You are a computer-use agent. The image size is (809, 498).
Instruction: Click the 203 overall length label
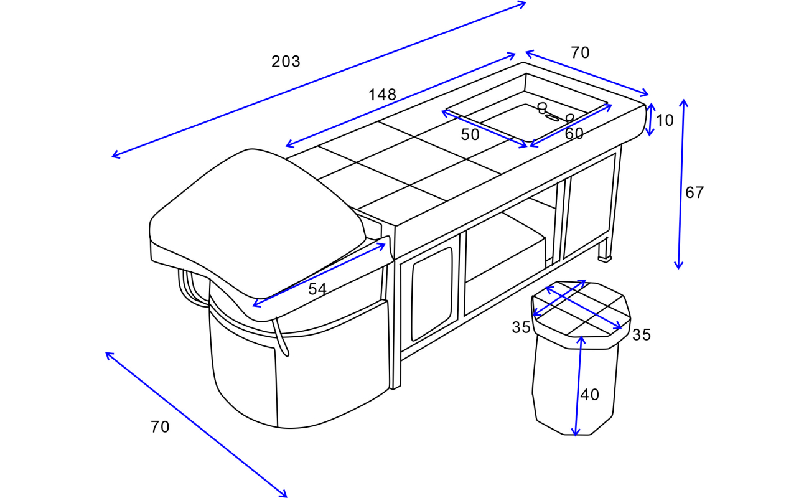[286, 62]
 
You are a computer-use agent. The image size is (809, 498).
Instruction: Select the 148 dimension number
[382, 95]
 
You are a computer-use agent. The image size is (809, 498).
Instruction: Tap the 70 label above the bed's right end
[580, 53]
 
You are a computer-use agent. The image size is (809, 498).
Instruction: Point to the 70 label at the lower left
[160, 427]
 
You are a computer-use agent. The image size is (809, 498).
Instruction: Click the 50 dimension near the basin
[470, 135]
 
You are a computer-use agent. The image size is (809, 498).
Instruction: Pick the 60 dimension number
[574, 134]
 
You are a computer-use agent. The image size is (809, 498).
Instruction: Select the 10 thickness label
[665, 120]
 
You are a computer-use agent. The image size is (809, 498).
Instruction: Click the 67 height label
[694, 192]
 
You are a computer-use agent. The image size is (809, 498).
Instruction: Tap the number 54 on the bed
[317, 289]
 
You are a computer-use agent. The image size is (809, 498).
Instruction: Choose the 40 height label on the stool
[590, 395]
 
